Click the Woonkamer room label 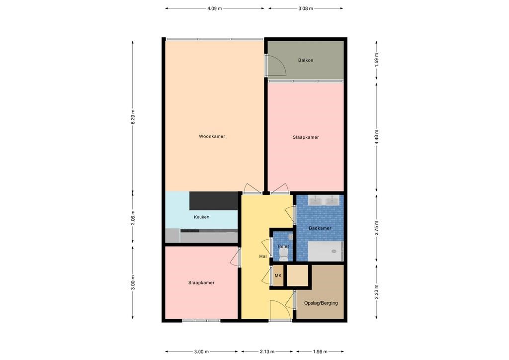point(212,136)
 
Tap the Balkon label point(306,60)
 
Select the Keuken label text point(201,217)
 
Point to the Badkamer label point(320,228)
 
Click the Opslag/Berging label point(321,303)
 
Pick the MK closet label point(278,276)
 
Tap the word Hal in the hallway point(263,257)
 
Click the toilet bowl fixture point(283,254)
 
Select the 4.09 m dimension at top point(214,8)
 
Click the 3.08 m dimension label point(305,8)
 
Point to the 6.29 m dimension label point(133,117)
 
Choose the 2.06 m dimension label point(133,217)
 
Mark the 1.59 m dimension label point(376,60)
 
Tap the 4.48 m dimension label point(376,136)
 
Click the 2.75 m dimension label point(376,227)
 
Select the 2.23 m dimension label point(376,290)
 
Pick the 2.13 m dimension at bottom point(267,352)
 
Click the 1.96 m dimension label point(320,352)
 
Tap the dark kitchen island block point(214,200)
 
